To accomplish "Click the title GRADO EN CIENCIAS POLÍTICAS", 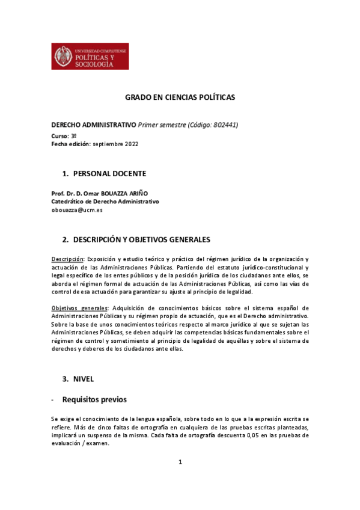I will (180, 97).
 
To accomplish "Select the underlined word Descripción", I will (68, 258).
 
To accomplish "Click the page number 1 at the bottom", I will (180, 462).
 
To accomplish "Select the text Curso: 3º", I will (64, 137).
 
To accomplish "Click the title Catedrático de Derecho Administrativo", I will (105, 201).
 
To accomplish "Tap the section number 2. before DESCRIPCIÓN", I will (66, 239).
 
